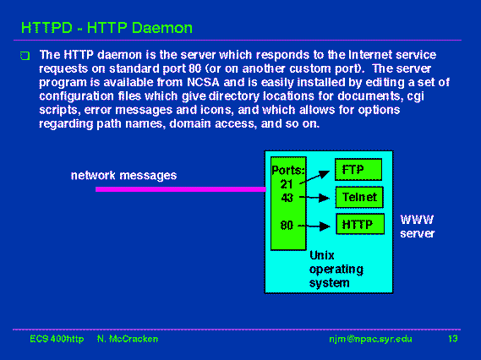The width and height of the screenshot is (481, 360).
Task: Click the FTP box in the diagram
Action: click(358, 169)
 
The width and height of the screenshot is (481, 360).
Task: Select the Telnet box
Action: click(359, 197)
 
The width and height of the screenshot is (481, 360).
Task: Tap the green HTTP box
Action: click(360, 224)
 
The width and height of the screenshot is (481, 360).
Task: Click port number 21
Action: click(287, 184)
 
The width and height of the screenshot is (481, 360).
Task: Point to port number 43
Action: click(287, 198)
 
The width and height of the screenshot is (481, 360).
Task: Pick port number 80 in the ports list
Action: click(287, 226)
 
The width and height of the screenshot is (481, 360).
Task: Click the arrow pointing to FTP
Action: click(314, 177)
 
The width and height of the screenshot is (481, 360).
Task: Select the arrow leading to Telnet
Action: click(314, 198)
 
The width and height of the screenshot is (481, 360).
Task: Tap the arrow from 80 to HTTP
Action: click(314, 226)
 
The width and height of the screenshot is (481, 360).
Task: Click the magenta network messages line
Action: click(181, 189)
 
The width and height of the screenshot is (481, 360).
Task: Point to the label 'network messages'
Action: click(123, 176)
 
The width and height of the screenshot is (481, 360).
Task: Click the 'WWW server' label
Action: click(418, 226)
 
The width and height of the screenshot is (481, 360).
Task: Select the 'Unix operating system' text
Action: click(336, 269)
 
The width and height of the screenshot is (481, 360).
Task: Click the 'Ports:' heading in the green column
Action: click(287, 170)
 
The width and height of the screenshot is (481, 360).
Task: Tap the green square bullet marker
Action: click(25, 56)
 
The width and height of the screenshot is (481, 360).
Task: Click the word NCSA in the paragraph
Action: click(203, 82)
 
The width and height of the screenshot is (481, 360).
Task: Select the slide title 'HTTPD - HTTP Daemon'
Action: click(107, 28)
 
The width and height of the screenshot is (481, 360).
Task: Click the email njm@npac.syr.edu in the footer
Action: click(370, 339)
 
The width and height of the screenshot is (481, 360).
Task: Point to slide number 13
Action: click(453, 339)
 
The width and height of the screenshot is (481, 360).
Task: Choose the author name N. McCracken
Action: click(128, 339)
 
